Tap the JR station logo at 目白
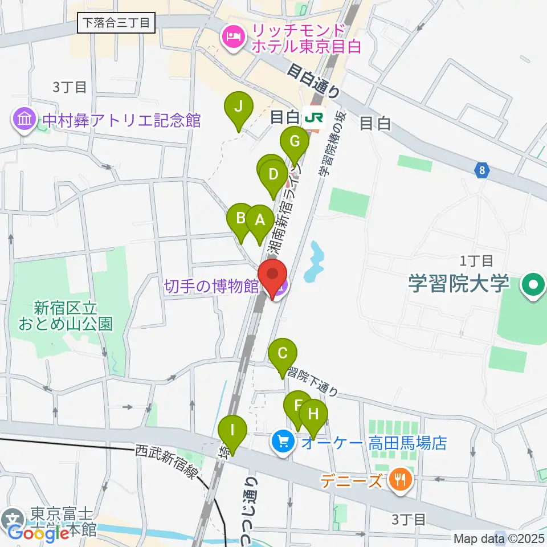pos(314,117)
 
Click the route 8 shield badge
pos(483,170)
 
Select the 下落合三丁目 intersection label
pos(116,23)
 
